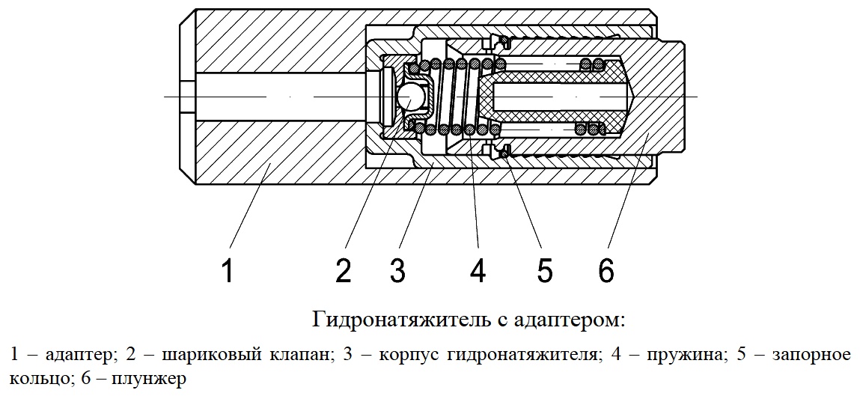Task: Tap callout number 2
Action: coord(344,270)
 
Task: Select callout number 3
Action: coord(397,270)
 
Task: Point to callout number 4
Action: coord(478,270)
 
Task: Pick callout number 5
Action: coord(544,270)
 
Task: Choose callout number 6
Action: coord(606,270)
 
